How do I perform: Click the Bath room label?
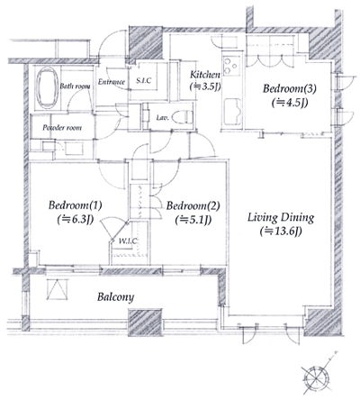coord(73,86)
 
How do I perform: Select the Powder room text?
coord(62,128)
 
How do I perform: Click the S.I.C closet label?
coord(144,82)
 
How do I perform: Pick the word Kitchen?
coord(205,74)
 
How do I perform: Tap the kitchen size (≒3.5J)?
coord(206,87)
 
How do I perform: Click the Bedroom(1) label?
coord(76,205)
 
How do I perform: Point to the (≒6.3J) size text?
coord(76,218)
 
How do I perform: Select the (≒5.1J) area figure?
coord(191,218)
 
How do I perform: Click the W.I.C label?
coord(127,241)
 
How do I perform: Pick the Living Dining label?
coord(281,216)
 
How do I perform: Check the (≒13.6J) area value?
coord(281,231)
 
